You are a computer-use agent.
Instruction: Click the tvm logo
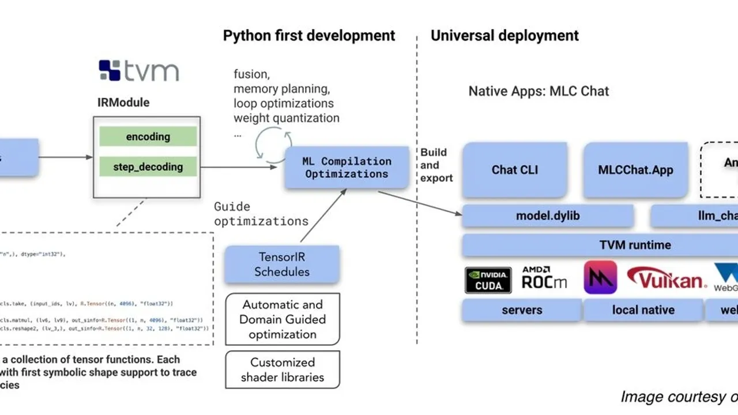click(138, 70)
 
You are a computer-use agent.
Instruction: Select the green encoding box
click(148, 137)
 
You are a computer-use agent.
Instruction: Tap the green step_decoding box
click(148, 167)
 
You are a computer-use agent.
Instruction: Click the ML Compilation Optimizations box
click(347, 168)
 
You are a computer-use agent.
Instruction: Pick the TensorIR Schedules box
click(282, 265)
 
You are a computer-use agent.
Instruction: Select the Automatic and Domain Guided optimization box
click(282, 319)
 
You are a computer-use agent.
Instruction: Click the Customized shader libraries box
click(282, 370)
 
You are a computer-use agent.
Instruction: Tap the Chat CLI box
click(515, 170)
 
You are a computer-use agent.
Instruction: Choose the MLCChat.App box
click(635, 170)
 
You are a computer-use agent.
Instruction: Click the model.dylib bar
click(548, 216)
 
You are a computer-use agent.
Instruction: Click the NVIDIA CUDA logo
click(488, 280)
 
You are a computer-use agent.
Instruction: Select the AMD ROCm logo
click(544, 278)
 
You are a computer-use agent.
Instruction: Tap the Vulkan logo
click(667, 279)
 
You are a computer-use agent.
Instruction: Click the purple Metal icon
click(600, 278)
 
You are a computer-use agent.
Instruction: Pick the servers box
click(521, 310)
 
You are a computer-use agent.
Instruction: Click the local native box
click(643, 310)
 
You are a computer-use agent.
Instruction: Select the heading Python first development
click(309, 36)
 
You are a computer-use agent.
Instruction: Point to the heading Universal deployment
click(504, 36)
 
